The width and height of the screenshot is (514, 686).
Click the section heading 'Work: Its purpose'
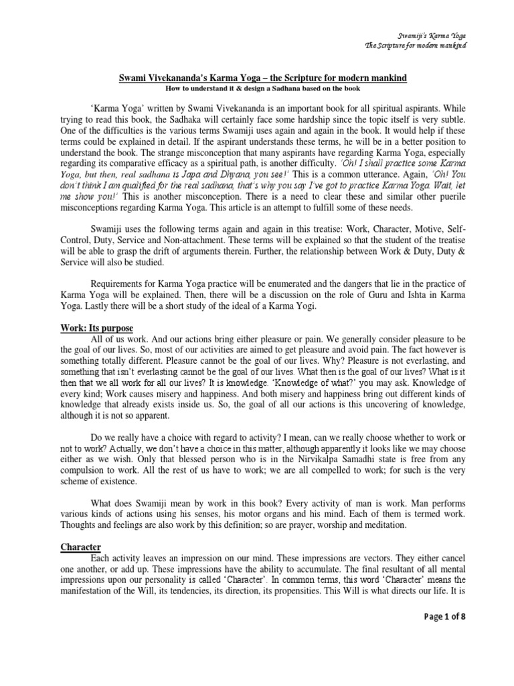point(96,328)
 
